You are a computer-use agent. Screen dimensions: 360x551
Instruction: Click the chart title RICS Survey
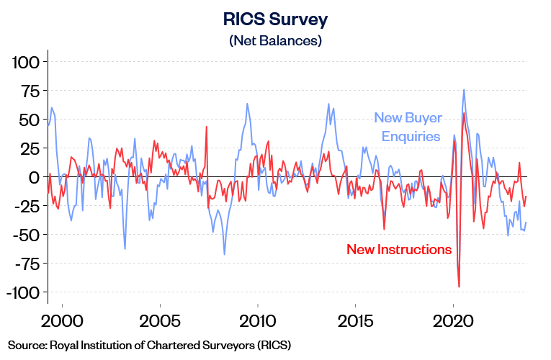[x=275, y=19]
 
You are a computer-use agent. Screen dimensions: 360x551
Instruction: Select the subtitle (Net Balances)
[x=275, y=41]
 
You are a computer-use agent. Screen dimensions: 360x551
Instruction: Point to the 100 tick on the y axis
[x=27, y=62]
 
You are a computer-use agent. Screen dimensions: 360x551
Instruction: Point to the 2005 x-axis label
[x=159, y=320]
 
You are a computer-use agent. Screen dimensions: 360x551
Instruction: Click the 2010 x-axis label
[x=257, y=320]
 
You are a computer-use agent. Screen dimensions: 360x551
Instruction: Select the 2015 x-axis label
[x=355, y=320]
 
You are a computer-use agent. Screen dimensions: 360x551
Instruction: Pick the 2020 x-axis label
[x=453, y=320]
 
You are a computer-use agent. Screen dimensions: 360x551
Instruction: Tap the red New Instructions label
[x=399, y=250]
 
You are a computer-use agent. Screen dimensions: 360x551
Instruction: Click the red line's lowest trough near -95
[x=459, y=287]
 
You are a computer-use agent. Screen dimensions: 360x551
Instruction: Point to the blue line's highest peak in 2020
[x=463, y=90]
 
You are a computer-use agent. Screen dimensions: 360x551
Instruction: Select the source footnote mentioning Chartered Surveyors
[x=150, y=345]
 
